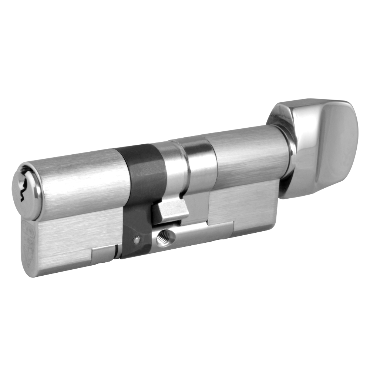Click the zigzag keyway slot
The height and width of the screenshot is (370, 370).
coord(23,189)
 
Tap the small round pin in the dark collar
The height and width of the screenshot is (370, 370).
coord(137,239)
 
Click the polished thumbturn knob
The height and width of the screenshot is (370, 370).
coord(322,148)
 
